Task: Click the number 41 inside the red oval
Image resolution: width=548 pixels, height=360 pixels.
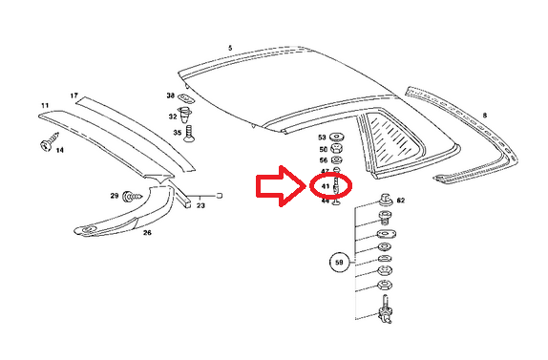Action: (x=326, y=185)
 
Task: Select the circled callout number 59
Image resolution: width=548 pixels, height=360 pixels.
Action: (x=338, y=260)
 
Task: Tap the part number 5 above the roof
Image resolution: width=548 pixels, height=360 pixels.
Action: (x=230, y=47)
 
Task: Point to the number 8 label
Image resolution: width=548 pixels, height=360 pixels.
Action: (x=484, y=115)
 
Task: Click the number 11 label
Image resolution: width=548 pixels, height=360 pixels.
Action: (x=44, y=104)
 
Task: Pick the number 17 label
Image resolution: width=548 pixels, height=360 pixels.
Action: (x=74, y=95)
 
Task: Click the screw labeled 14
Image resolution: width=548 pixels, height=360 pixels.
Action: (x=44, y=144)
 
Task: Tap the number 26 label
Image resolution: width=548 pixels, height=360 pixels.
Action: (x=147, y=232)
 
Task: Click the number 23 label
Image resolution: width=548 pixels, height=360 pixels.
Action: (x=200, y=204)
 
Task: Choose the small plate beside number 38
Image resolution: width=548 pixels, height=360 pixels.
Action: (x=187, y=96)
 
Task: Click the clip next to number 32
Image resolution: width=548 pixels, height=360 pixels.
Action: (x=187, y=117)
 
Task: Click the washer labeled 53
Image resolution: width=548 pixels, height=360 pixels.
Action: (x=337, y=138)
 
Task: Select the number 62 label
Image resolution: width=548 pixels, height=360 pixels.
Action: (x=400, y=201)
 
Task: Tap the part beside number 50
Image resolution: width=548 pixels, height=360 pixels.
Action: (x=337, y=149)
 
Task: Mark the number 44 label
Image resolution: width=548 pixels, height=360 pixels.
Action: (x=325, y=201)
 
